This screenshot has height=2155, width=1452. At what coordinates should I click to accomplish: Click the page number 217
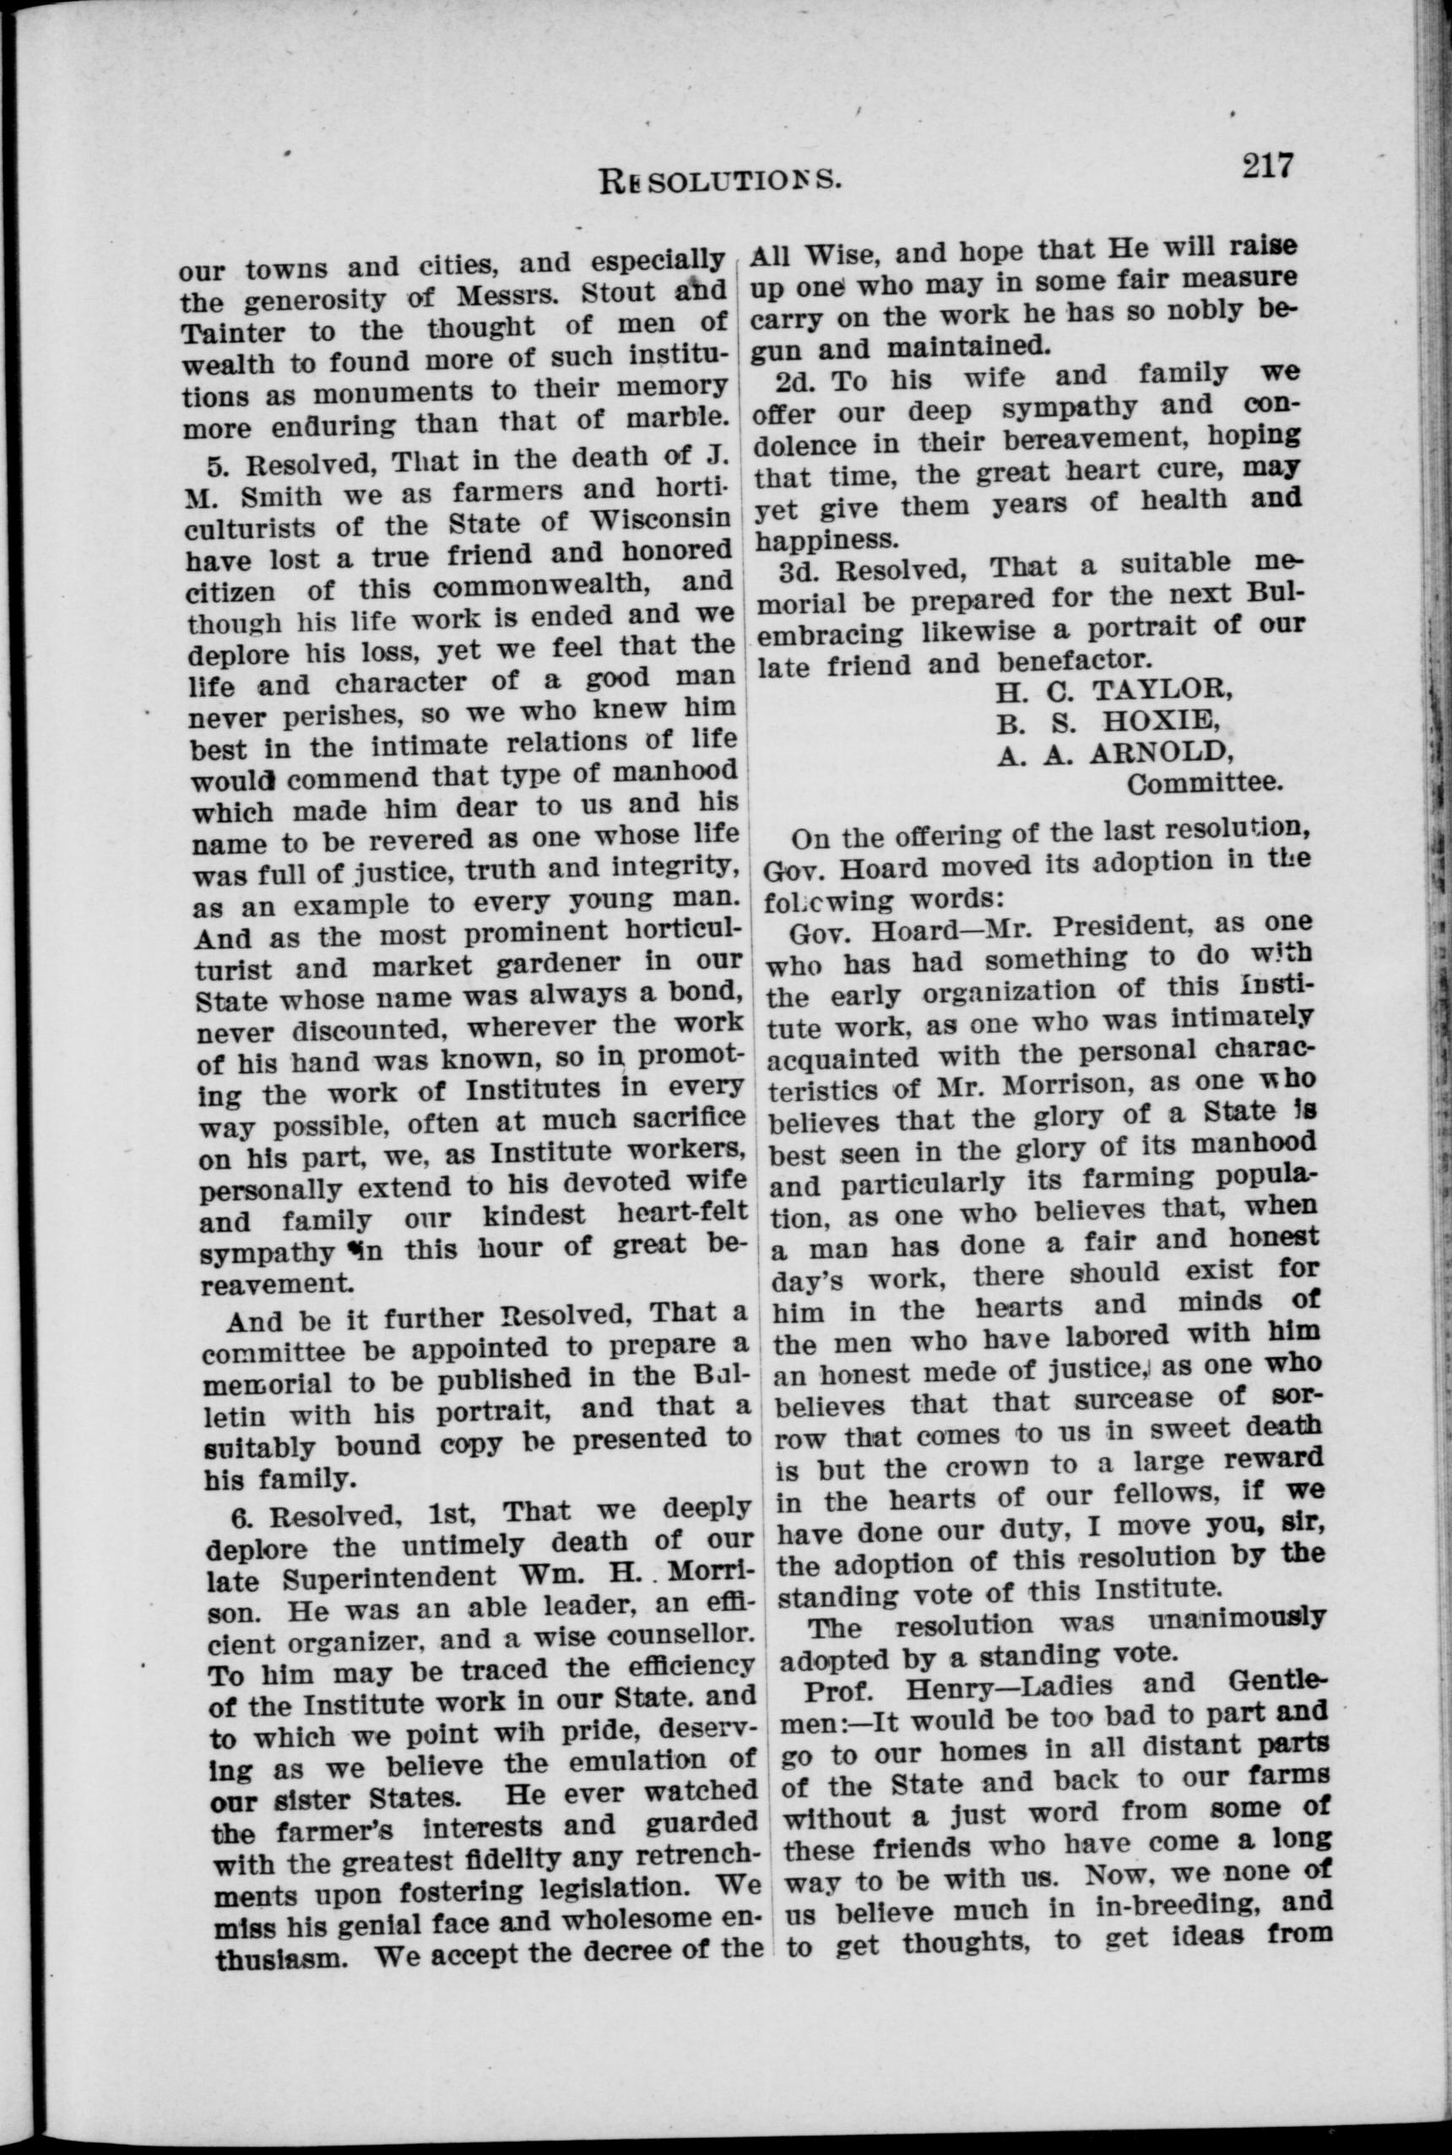(1267, 166)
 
